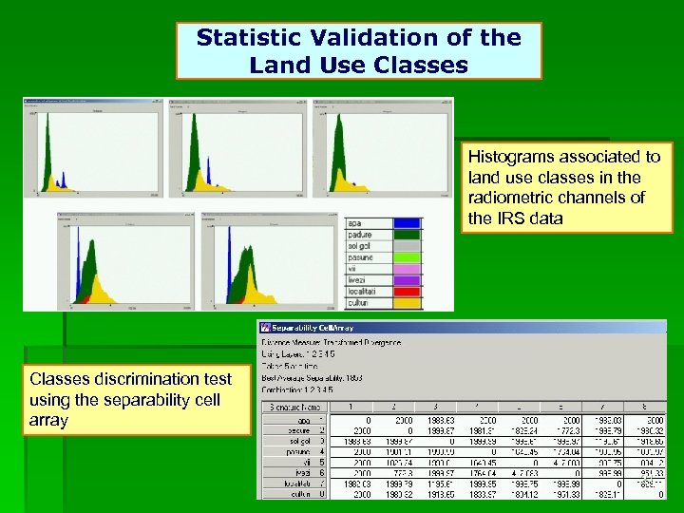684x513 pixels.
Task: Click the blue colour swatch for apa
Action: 408,223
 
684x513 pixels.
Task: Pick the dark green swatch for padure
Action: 408,234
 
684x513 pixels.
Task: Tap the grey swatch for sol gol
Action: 408,245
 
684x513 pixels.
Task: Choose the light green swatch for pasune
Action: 408,256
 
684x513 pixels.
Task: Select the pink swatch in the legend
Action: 408,268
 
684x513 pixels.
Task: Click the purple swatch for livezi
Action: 408,280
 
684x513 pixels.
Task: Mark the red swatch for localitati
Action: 408,292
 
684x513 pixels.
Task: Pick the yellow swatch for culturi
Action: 408,303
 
